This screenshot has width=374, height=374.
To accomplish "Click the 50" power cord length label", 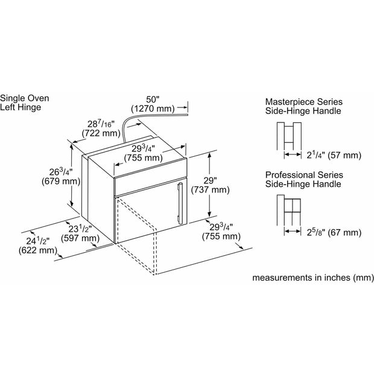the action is (153, 99).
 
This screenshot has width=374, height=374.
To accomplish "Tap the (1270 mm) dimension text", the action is (153, 109).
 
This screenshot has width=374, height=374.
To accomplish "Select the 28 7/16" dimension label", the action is (101, 124).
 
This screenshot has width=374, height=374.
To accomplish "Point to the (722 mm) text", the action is (101, 133).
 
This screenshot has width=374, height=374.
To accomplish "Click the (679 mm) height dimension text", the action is (61, 182).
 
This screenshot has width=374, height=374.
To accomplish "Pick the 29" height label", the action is (210, 180).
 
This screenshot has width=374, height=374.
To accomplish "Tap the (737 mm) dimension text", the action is (210, 190).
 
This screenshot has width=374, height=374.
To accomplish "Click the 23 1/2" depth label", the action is (80, 229).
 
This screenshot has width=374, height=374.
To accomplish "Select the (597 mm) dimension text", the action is (80, 238).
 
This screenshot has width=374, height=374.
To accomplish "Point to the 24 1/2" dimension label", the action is (38, 241).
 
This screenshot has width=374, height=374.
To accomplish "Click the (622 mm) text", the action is (38, 250).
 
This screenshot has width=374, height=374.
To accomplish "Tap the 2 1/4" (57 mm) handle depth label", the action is (334, 155).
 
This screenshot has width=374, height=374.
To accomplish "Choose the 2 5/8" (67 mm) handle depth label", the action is (334, 232).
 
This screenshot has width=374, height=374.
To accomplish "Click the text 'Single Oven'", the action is (25, 98).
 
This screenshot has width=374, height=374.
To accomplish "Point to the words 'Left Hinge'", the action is (21, 107).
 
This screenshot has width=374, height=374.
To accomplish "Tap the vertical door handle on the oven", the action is (180, 203).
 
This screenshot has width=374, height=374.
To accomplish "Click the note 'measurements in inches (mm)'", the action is (313, 277).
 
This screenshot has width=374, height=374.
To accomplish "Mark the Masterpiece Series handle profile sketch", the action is (289, 136).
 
